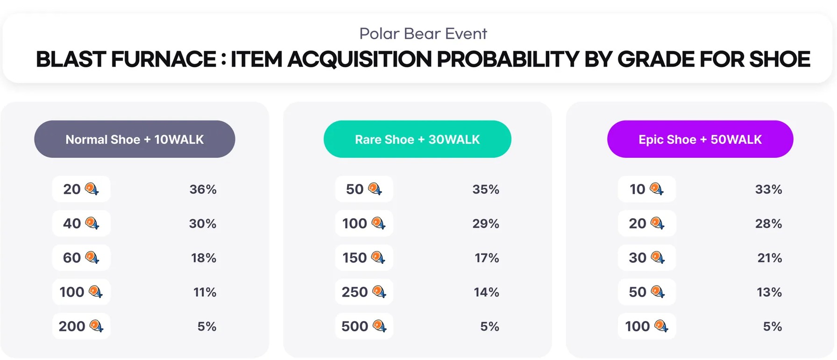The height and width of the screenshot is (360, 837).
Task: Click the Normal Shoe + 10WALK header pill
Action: pyautogui.click(x=135, y=139)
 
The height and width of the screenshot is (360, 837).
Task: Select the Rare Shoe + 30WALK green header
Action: pyautogui.click(x=417, y=139)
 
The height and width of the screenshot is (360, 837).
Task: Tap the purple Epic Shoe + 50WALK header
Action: pyautogui.click(x=700, y=139)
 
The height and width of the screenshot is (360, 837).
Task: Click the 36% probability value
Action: pyautogui.click(x=203, y=189)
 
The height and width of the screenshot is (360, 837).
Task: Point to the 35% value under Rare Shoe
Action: pyautogui.click(x=486, y=189)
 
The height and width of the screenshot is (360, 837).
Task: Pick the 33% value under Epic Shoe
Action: pyautogui.click(x=768, y=189)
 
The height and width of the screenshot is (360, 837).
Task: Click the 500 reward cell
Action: pyautogui.click(x=364, y=326)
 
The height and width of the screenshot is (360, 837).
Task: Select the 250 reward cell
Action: pyautogui.click(x=364, y=292)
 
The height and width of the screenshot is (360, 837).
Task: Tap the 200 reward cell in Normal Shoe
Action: pyautogui.click(x=81, y=326)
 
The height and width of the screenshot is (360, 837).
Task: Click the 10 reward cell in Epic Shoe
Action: pyautogui.click(x=646, y=189)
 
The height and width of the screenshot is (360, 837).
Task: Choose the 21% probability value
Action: pyautogui.click(x=769, y=258)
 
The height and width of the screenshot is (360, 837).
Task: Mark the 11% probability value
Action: pyautogui.click(x=205, y=292)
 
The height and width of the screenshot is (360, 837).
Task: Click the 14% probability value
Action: pyautogui.click(x=486, y=292)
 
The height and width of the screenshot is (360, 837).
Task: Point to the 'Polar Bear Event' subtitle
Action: pyautogui.click(x=423, y=34)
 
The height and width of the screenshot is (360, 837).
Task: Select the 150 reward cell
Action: pyautogui.click(x=364, y=258)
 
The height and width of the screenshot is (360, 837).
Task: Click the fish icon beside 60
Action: pyautogui.click(x=92, y=257)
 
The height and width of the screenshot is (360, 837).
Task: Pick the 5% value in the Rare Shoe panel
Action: pyautogui.click(x=489, y=326)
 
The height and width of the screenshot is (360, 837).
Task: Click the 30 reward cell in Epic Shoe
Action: pyautogui.click(x=646, y=258)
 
